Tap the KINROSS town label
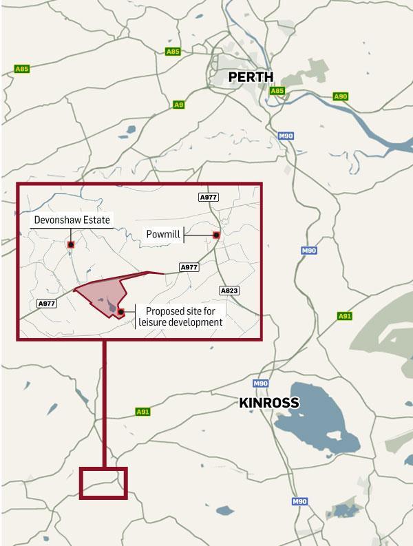269,403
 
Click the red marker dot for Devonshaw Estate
71,243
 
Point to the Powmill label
164,235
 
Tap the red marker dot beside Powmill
216,235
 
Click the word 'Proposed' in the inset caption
160,311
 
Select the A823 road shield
229,291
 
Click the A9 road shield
178,105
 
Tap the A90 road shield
340,97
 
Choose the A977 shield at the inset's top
208,198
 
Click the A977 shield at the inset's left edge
47,303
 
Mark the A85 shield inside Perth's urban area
277,90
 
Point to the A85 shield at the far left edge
23,69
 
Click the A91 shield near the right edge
345,316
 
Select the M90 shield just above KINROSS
260,384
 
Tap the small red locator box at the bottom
104,482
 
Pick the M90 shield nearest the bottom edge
298,502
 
